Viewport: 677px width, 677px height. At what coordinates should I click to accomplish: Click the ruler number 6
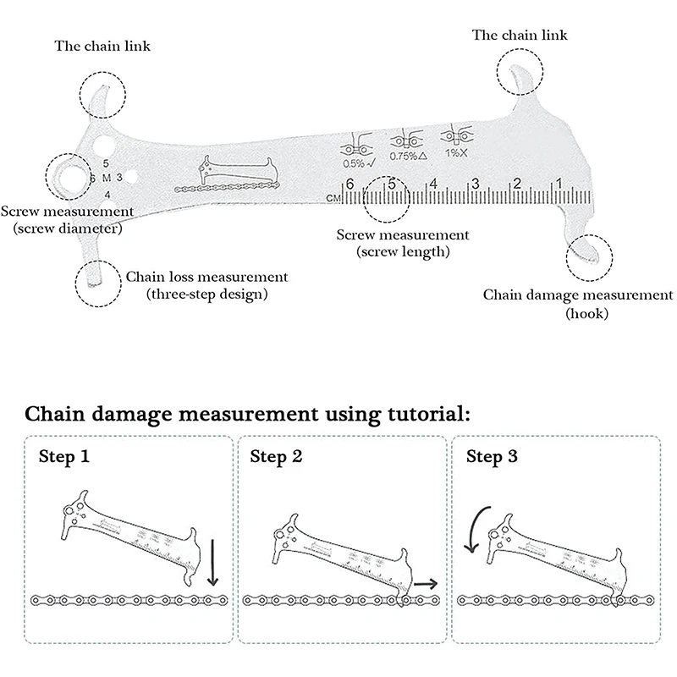349,184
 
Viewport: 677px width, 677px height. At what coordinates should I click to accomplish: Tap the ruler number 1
559,181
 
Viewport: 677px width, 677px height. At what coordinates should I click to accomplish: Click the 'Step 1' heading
63,458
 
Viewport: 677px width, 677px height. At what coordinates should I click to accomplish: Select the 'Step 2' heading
276,458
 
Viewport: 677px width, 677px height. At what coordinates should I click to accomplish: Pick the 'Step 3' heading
493,458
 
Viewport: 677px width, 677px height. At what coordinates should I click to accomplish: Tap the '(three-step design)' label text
206,294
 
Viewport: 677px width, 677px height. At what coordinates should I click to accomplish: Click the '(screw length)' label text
402,251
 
